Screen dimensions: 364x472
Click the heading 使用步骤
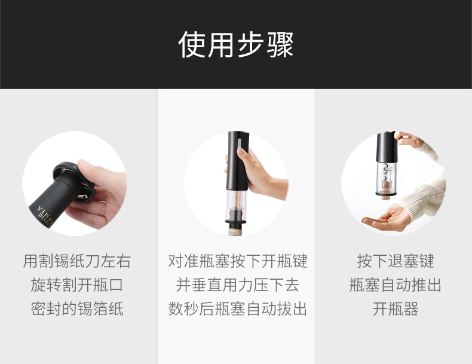236,44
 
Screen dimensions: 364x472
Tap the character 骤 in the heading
280,44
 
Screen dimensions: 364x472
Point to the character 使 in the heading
192,44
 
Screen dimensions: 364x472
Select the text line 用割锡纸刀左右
77,261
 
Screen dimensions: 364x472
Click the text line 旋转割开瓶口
77,285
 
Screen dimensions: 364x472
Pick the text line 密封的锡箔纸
77,309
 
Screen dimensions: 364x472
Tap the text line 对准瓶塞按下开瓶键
237,261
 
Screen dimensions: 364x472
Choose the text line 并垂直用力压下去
237,285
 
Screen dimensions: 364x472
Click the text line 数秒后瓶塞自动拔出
237,309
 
